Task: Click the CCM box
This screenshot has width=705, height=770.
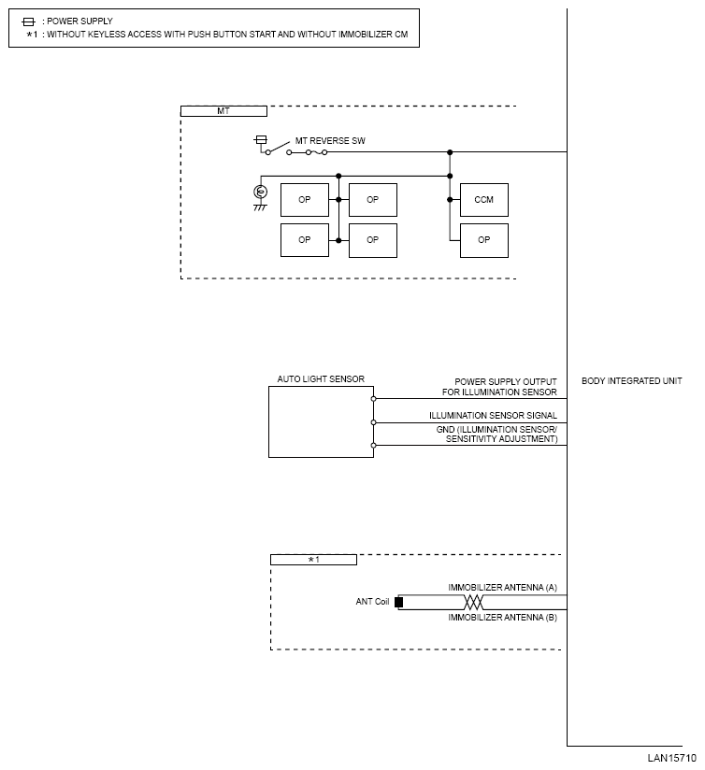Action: point(484,200)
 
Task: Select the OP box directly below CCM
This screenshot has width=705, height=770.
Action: point(484,240)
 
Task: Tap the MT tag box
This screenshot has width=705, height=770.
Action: point(223,110)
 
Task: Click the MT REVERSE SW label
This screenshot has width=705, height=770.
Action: point(330,140)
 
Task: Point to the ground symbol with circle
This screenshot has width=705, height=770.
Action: point(261,192)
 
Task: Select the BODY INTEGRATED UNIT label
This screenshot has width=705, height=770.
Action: point(632,381)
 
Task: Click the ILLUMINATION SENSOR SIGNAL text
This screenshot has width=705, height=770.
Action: point(493,415)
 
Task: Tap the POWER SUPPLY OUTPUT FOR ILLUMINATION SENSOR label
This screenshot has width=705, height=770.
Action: point(500,387)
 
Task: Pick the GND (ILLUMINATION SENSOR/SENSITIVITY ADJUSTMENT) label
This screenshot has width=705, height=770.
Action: point(496,434)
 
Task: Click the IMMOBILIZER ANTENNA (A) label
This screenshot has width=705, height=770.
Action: point(502,587)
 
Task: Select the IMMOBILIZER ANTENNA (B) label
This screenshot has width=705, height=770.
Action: point(502,617)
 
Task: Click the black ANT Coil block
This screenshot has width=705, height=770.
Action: point(398,602)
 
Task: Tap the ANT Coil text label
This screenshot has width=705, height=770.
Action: point(372,602)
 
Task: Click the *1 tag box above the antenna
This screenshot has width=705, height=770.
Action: point(313,560)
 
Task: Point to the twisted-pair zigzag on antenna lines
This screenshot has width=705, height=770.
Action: point(476,602)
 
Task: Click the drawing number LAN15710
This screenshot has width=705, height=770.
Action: point(672,758)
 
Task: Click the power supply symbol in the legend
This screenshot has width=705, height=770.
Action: point(28,21)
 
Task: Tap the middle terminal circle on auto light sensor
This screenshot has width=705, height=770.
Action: point(374,422)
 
